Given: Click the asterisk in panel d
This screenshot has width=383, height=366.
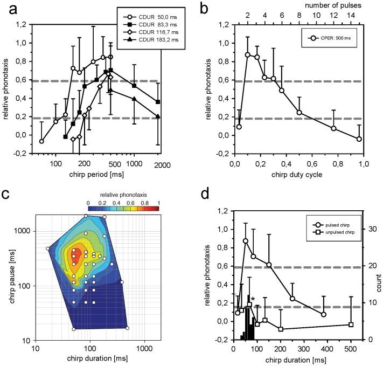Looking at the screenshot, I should pyautogui.click(x=252, y=299).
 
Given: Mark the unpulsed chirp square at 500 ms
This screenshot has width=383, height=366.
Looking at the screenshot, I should pyautogui.click(x=351, y=324).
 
